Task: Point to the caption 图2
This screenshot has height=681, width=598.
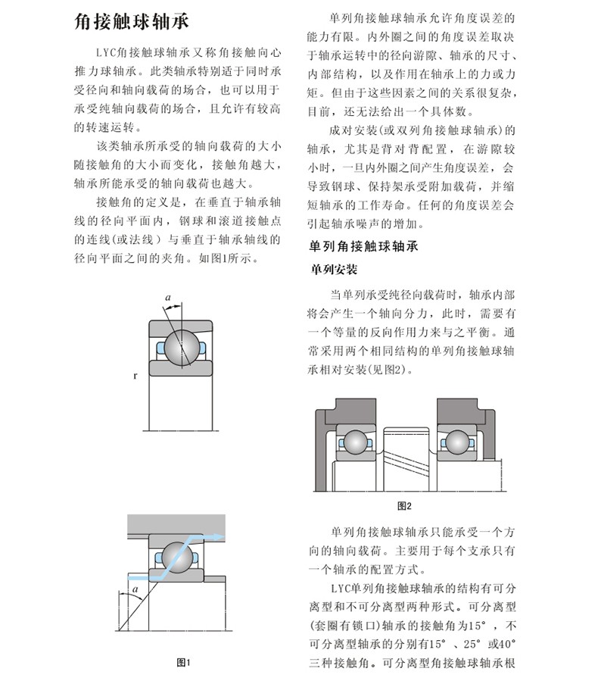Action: [404, 506]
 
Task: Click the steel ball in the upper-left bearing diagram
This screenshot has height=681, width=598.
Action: [182, 348]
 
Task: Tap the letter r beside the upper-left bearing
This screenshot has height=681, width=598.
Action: [134, 375]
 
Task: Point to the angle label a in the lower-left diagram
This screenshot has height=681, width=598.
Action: [134, 587]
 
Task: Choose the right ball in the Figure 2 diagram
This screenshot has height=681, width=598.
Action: [456, 442]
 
